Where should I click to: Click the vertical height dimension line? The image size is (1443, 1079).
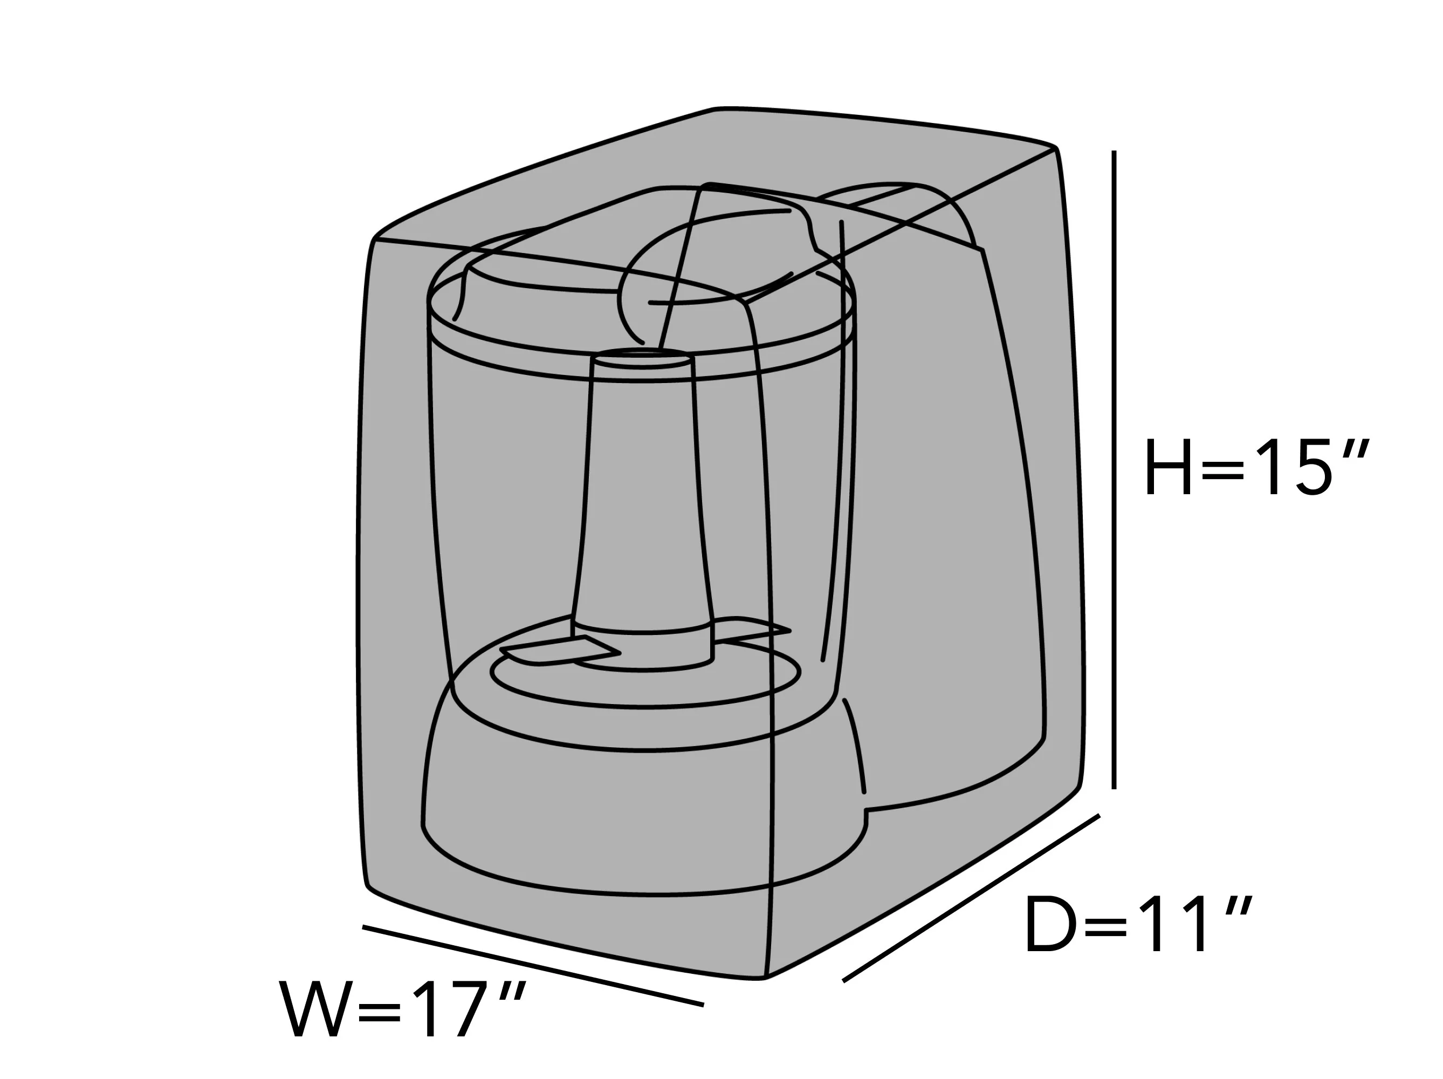1114,470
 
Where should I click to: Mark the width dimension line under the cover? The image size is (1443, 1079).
533,966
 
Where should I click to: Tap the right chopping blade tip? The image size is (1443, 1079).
790,631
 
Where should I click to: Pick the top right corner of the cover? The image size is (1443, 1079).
1055,149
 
